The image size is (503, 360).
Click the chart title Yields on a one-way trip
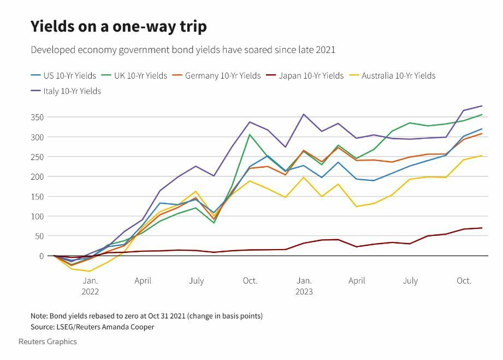point(119,26)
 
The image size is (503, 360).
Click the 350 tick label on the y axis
point(38,117)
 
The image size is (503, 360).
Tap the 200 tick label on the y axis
point(38,176)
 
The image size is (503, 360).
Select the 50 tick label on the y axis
point(39,236)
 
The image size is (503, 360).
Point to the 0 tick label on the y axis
point(42,256)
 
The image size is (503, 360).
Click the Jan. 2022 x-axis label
point(90,286)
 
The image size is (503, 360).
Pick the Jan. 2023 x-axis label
point(304,286)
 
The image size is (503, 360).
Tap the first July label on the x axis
point(196,281)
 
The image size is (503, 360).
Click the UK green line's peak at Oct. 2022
point(250,134)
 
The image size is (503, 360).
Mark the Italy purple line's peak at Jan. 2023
point(304,114)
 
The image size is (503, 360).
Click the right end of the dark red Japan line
point(482,228)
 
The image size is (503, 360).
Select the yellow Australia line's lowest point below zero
point(89,272)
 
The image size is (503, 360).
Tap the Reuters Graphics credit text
point(48,342)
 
